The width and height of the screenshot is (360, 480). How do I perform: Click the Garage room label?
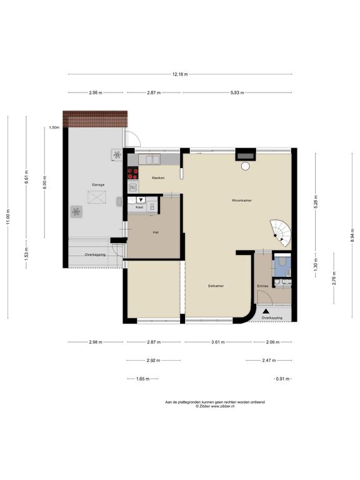tap(98, 185)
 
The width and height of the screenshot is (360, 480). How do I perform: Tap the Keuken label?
tap(158, 178)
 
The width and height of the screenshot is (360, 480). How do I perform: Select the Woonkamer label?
tap(242, 201)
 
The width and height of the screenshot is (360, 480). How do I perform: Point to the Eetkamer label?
tap(216, 286)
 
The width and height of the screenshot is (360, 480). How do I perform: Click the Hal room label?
tap(156, 232)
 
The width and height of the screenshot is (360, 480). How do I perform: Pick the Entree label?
tap(262, 286)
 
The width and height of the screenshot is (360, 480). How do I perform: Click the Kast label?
tap(139, 207)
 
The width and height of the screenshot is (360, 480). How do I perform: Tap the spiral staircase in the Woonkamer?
tap(281, 232)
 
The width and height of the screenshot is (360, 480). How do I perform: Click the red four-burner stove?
tap(133, 173)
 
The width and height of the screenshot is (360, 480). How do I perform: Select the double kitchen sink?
tap(149, 159)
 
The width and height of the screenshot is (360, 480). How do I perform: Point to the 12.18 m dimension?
tap(180, 74)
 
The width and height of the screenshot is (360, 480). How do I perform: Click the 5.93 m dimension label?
tap(237, 92)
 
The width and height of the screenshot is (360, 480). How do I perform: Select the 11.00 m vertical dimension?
tap(7, 217)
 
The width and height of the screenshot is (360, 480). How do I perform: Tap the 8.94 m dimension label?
tap(352, 236)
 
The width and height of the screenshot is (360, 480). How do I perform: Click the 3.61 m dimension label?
tap(218, 342)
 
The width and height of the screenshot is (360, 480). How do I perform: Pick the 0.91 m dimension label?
tap(282, 379)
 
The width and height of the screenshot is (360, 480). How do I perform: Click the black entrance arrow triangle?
tap(266, 311)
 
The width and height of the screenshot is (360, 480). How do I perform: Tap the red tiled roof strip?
tap(95, 119)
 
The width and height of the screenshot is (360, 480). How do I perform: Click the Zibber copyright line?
tap(215, 406)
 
